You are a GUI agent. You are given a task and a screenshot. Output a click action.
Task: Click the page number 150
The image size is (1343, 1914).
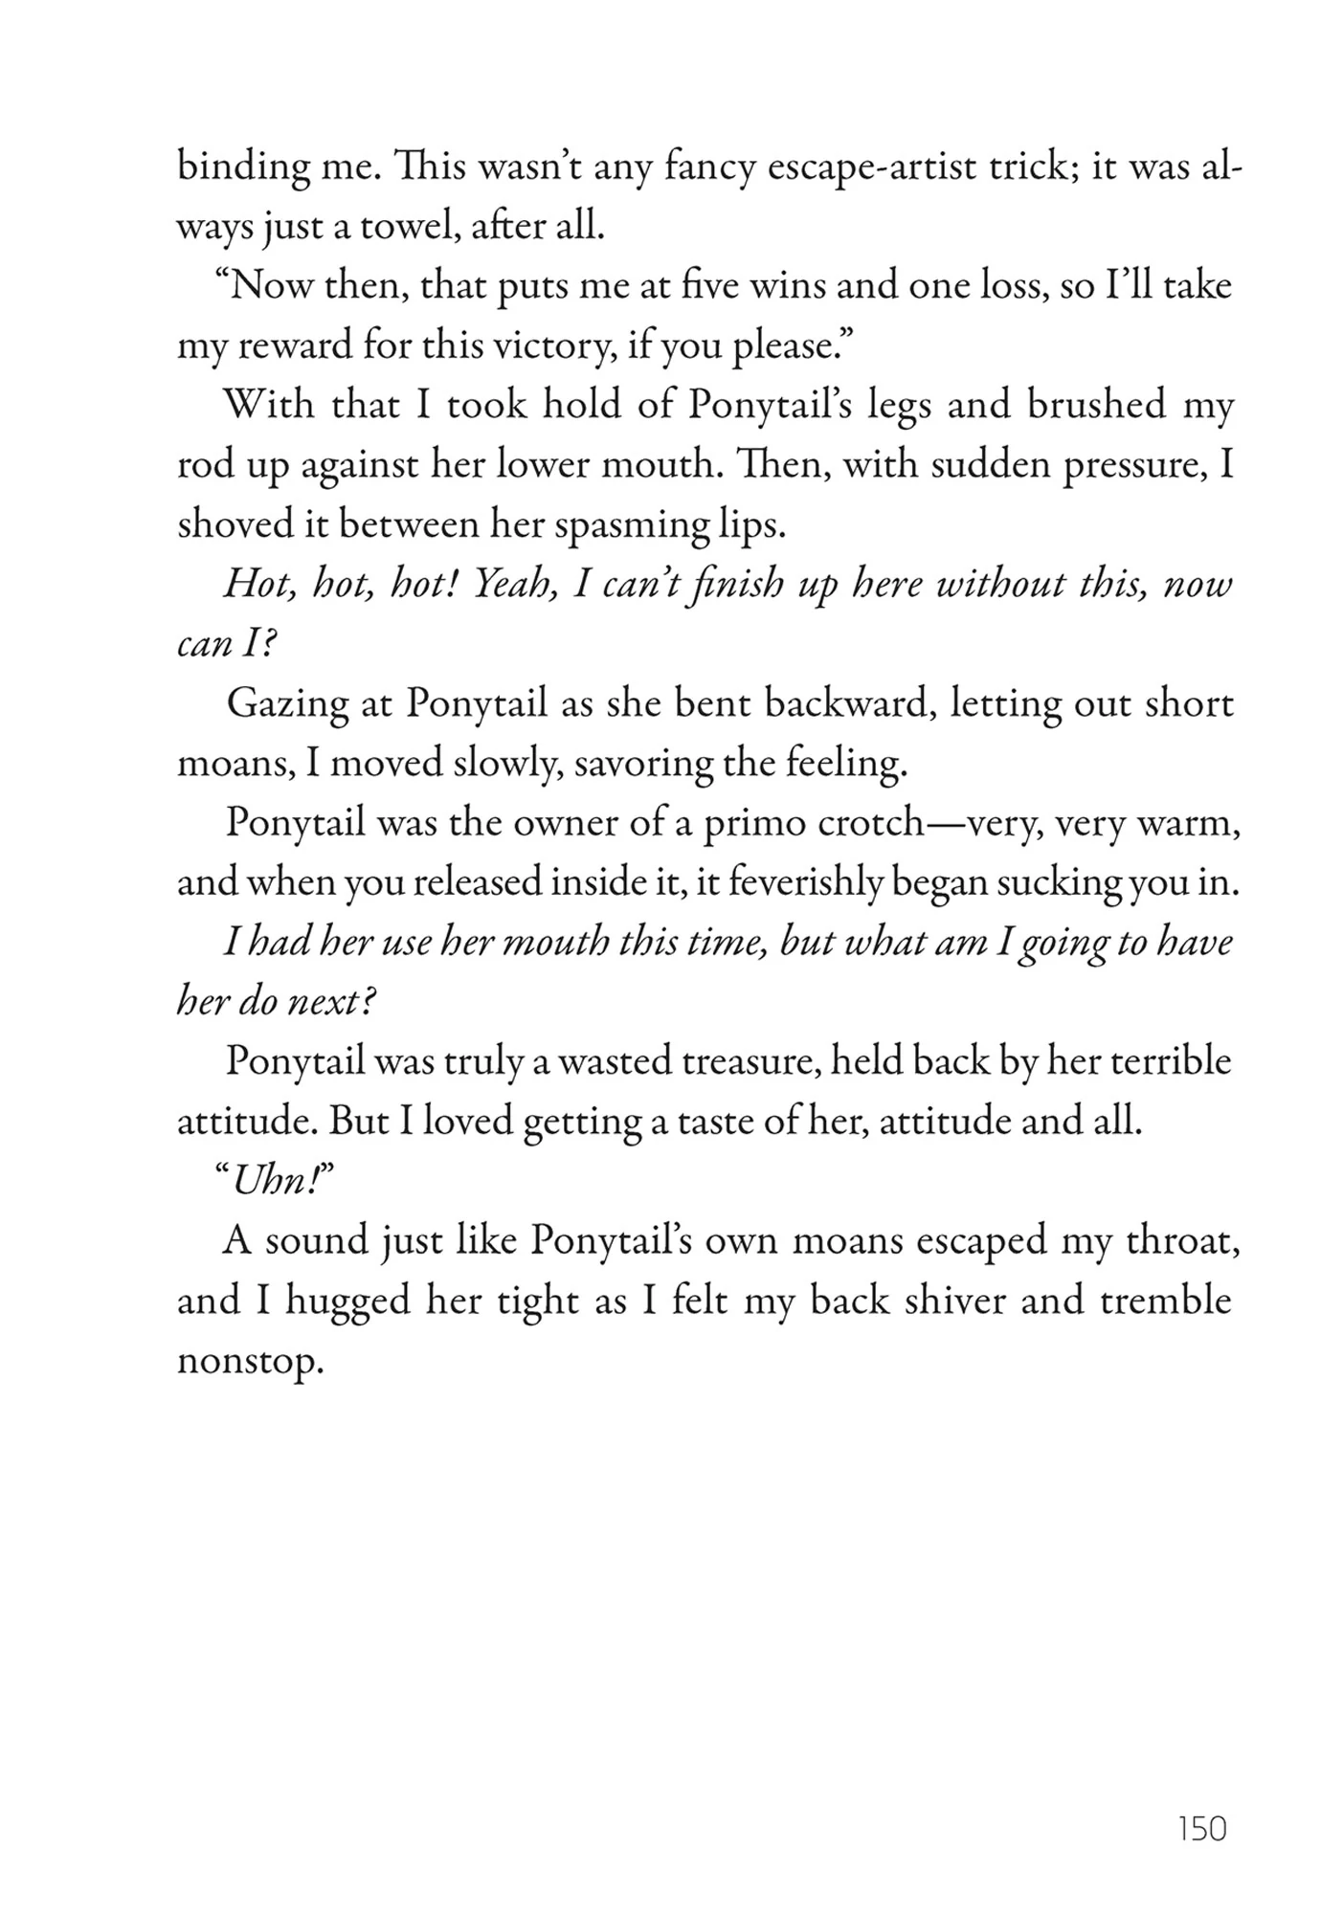point(1202,1829)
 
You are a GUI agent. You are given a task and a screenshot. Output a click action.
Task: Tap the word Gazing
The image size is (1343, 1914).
point(288,705)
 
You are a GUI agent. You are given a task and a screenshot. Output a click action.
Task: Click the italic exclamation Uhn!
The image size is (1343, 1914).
point(274,1183)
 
